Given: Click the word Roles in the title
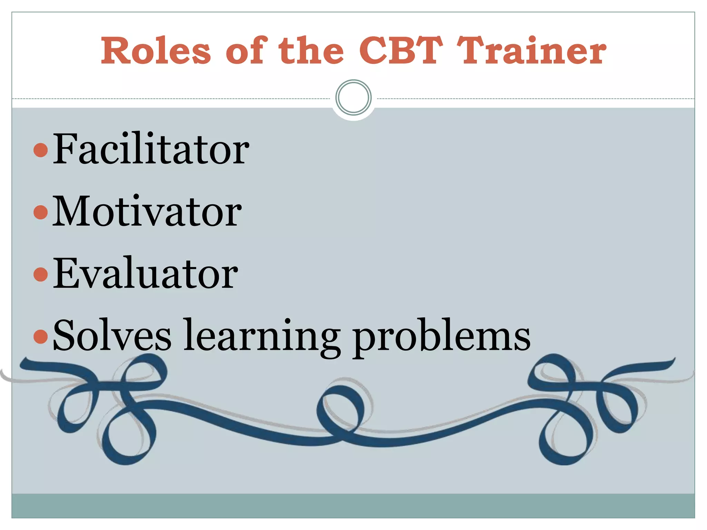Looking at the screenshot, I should click(156, 51).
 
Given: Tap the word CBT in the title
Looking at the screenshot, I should click(401, 51).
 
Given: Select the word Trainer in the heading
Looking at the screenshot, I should click(532, 51).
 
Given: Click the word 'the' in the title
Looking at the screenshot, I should click(311, 51).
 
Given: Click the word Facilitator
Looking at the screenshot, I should click(151, 149).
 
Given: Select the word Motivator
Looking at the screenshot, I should click(147, 211).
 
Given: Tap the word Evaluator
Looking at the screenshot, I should click(145, 273).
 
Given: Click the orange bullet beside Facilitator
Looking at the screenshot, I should click(41, 150).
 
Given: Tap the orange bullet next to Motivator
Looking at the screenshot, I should click(41, 212).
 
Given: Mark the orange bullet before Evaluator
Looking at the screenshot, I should click(41, 274).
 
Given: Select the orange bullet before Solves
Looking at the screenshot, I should click(41, 337).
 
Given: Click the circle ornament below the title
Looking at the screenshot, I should click(353, 98).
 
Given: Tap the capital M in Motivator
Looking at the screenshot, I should click(71, 211).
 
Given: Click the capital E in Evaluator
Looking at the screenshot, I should click(65, 273).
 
